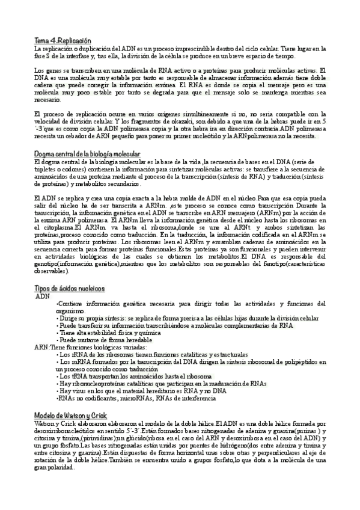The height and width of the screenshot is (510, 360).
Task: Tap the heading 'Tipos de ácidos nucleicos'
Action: [x=69, y=289]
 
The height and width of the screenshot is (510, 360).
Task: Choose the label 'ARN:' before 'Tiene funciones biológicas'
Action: [x=42, y=347]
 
